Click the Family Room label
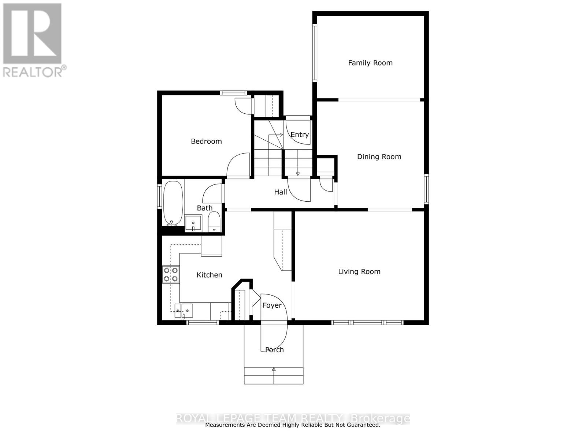pos(370,63)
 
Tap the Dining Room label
pos(379,157)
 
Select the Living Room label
pos(359,272)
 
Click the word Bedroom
pos(206,142)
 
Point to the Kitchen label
pos(209,275)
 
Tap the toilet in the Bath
pos(214,222)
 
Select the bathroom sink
pos(193,223)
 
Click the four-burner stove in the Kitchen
pos(171,274)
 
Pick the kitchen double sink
pos(183,310)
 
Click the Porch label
pos(274,350)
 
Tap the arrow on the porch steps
pos(274,370)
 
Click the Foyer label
pos(272,305)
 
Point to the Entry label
pos(300,135)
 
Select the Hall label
pos(281,192)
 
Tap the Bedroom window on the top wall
pos(233,93)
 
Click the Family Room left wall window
pos(314,52)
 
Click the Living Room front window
pos(367,323)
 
